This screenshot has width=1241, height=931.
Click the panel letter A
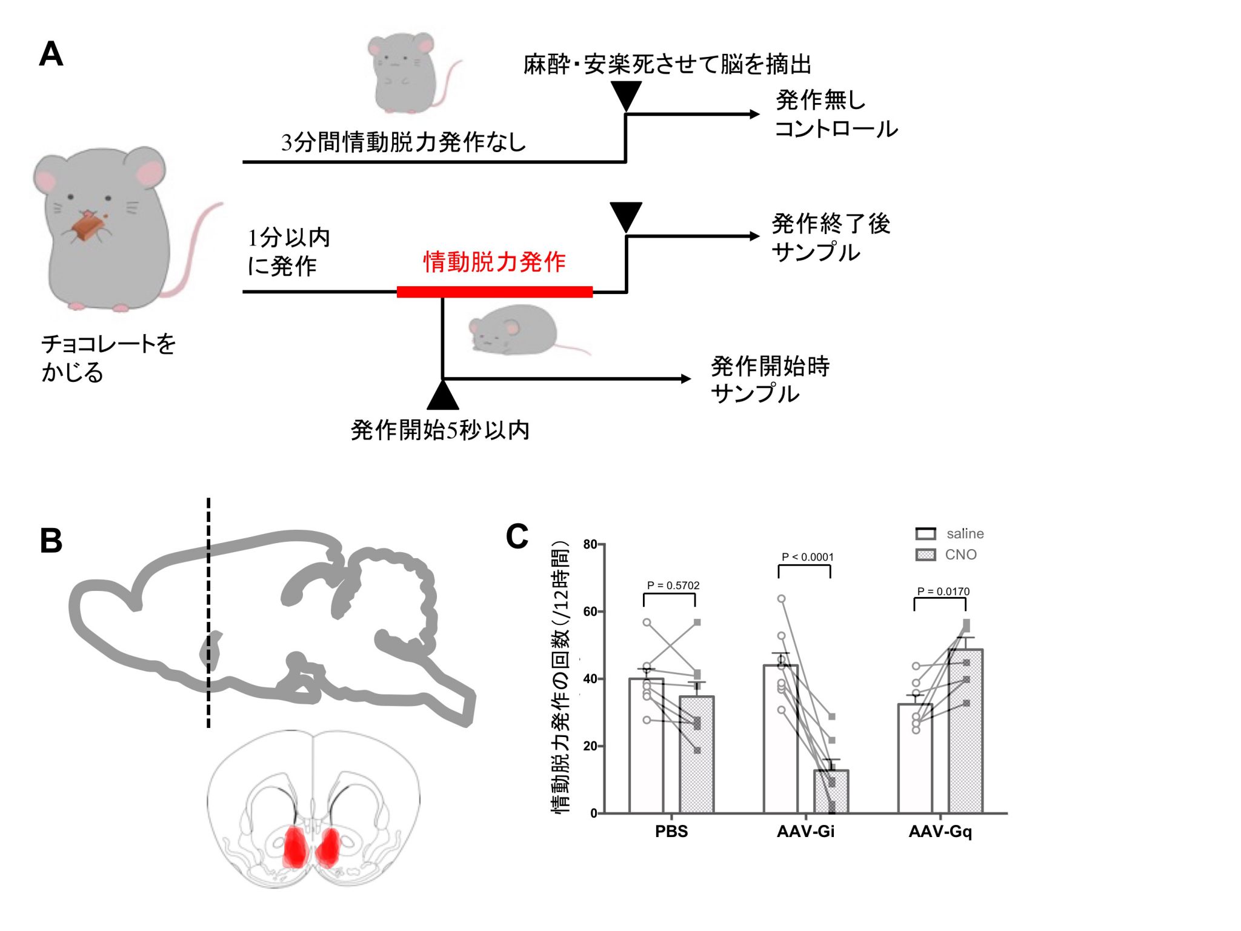pyautogui.click(x=51, y=54)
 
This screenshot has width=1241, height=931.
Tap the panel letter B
pyautogui.click(x=51, y=540)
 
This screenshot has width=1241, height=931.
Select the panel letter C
pyautogui.click(x=517, y=536)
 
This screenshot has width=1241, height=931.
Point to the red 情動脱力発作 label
pyautogui.click(x=494, y=262)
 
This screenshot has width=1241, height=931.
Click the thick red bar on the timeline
pyautogui.click(x=494, y=292)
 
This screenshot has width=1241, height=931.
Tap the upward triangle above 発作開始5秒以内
pyautogui.click(x=442, y=395)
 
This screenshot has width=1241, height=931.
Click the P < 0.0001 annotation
pyautogui.click(x=807, y=556)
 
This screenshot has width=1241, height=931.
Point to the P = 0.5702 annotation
pyautogui.click(x=673, y=585)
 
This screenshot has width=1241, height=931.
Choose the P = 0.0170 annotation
pyautogui.click(x=943, y=591)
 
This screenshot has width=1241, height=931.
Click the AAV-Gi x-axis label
pyautogui.click(x=805, y=831)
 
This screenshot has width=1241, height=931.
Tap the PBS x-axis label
pyautogui.click(x=671, y=831)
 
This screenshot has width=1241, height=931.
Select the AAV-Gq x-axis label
pyautogui.click(x=940, y=831)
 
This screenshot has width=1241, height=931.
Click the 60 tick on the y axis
pyautogui.click(x=590, y=612)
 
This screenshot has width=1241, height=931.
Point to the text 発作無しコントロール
pyautogui.click(x=836, y=114)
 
